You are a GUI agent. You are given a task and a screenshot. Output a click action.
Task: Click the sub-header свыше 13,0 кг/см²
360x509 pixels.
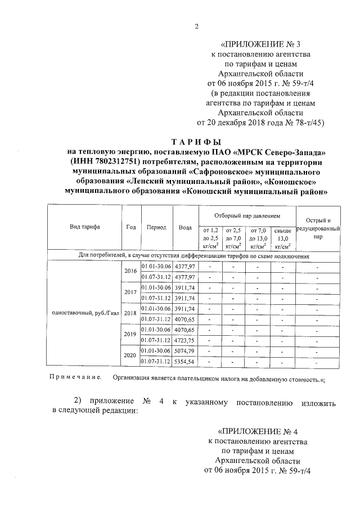coord(282,238)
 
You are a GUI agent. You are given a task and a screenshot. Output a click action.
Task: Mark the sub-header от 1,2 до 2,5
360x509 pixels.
coord(209,238)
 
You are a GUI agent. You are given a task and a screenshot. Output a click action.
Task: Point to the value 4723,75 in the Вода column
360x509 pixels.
coord(184,340)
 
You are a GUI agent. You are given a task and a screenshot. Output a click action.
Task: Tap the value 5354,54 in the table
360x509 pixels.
coord(184,361)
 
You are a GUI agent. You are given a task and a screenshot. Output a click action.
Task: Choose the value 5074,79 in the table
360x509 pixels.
coord(184,351)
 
